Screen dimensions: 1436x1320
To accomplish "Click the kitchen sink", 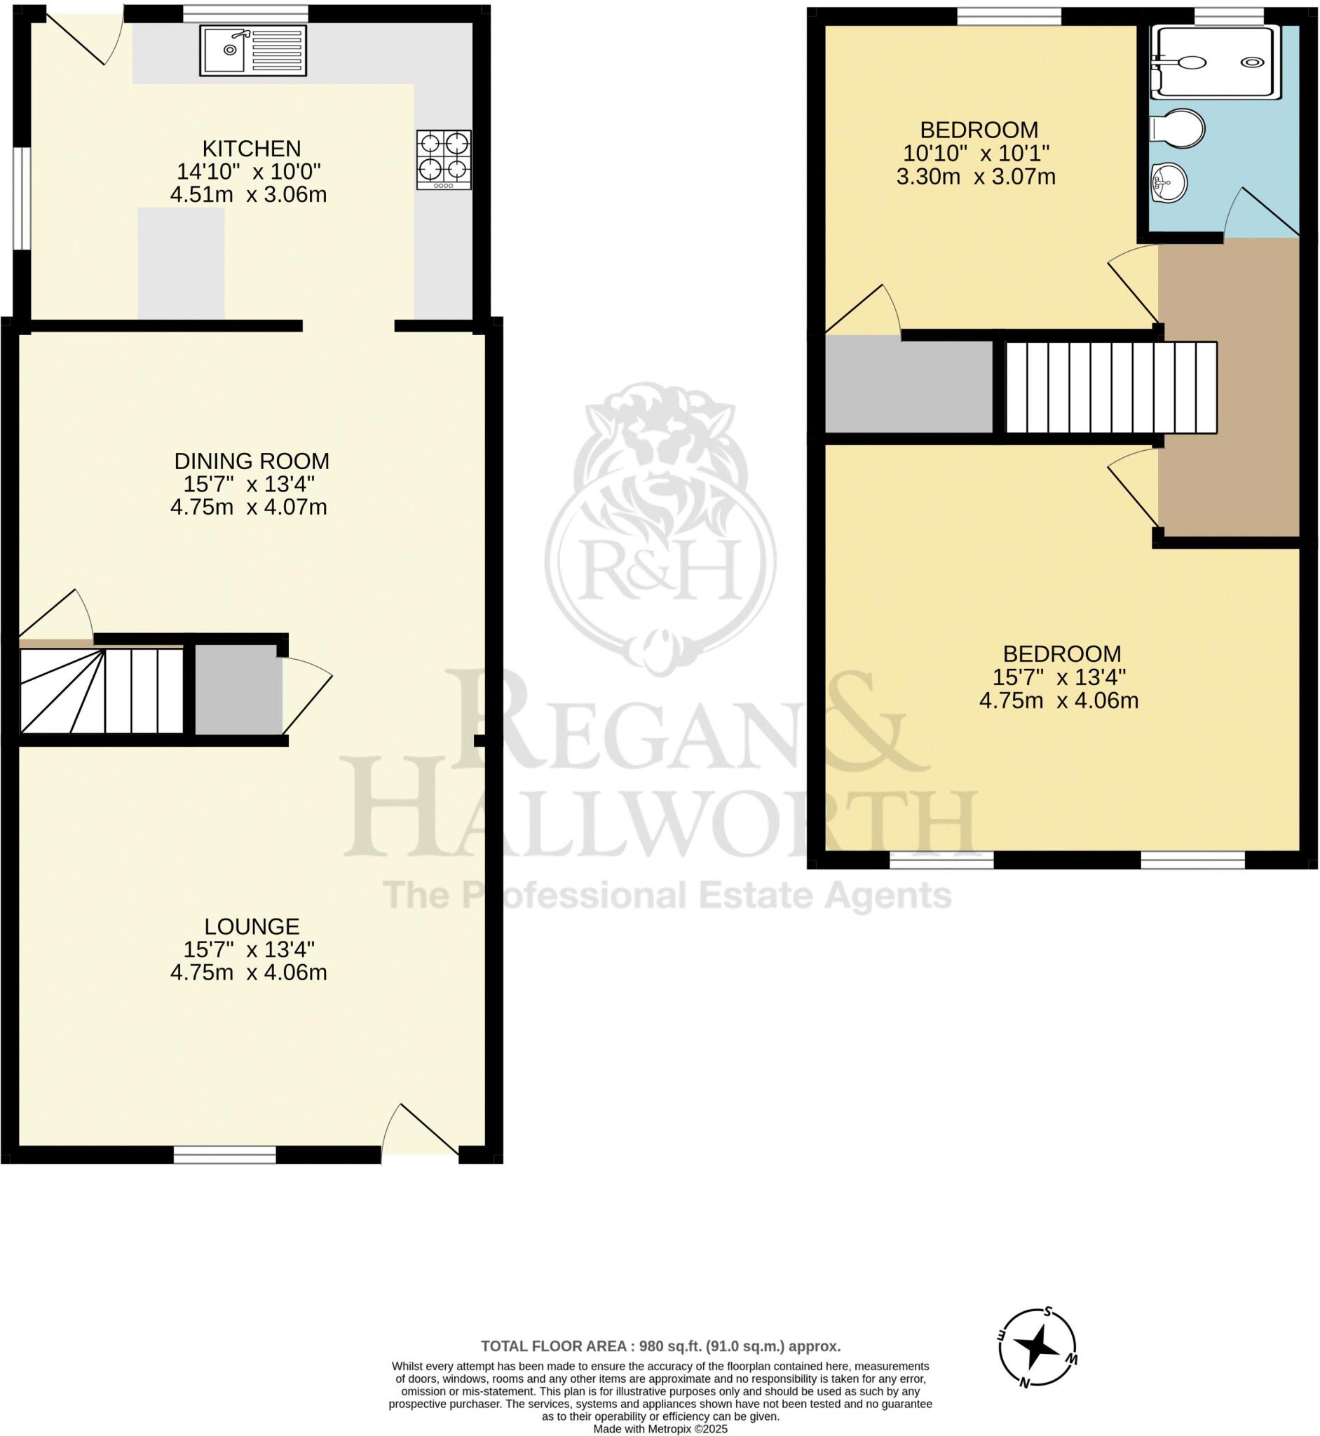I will click(253, 50).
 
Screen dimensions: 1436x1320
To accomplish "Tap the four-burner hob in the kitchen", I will click(444, 159).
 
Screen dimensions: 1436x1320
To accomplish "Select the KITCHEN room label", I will click(252, 149).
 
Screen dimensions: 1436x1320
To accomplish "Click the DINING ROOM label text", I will click(252, 461).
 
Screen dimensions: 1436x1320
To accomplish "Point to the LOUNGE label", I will click(252, 927).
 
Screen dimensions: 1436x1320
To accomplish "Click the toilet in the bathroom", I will click(1179, 129).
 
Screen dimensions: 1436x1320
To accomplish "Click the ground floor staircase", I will click(102, 690).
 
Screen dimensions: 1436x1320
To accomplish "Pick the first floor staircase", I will click(1110, 387).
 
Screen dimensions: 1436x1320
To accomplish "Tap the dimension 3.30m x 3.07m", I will click(976, 177).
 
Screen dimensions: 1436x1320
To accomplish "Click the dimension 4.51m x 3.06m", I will click(249, 194).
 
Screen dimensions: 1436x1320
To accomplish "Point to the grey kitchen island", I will click(181, 263).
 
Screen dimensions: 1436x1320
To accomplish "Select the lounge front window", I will click(225, 1155).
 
